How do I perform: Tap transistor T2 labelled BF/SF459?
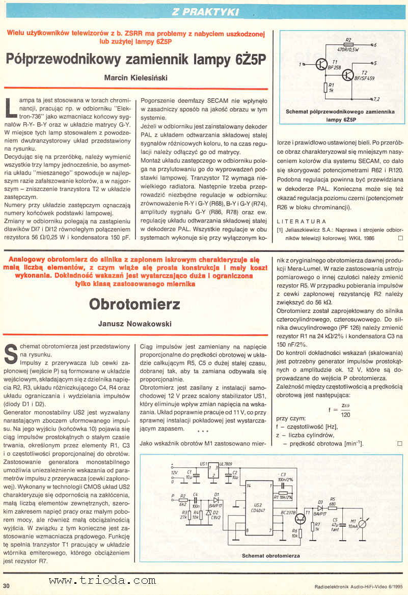347,75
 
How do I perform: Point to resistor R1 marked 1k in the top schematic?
326,88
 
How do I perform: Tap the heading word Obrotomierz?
134,304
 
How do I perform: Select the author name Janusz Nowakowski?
134,324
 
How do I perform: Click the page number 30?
7,586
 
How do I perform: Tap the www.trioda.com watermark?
102,580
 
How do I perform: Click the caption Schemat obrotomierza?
270,555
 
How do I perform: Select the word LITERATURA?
302,221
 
